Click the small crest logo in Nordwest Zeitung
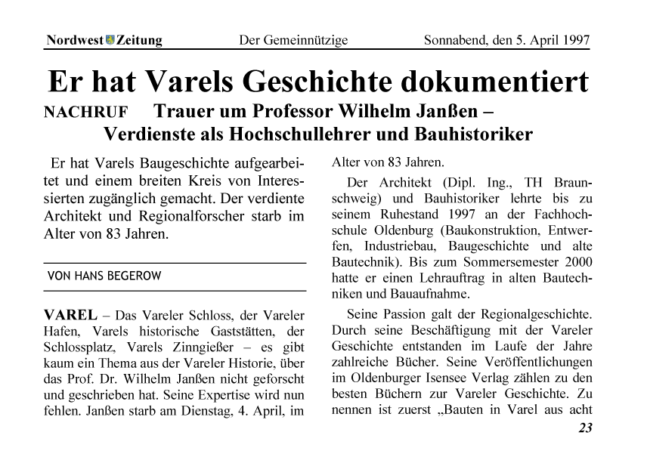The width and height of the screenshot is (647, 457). tap(110, 40)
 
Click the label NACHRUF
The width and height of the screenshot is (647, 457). tap(86, 114)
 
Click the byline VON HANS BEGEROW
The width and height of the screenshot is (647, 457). tap(104, 276)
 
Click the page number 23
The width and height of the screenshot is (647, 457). tap(585, 429)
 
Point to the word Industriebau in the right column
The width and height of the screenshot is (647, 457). tap(403, 246)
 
